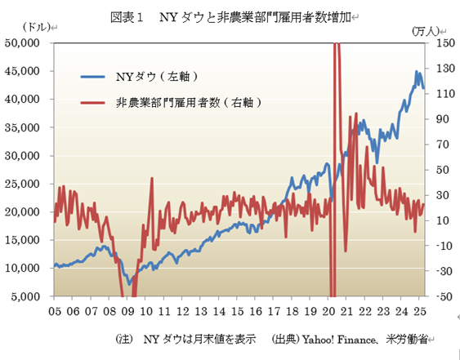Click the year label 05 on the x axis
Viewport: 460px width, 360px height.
coord(56,311)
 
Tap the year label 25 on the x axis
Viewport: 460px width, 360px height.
coord(420,311)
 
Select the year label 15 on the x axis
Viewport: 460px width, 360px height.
coord(238,311)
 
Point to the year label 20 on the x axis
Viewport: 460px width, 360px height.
coord(328,311)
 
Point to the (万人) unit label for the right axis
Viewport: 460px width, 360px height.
coord(426,29)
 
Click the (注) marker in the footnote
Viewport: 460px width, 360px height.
coord(124,338)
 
